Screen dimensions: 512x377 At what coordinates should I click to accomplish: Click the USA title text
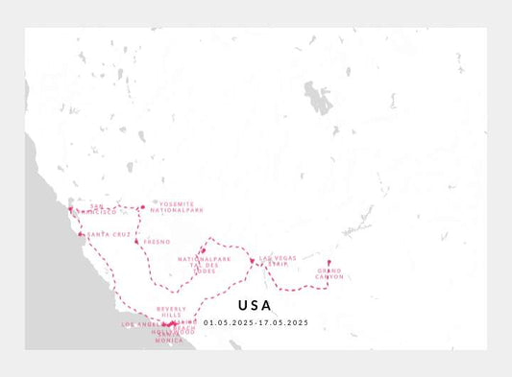(254, 306)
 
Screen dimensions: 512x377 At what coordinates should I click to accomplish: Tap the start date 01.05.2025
(229, 322)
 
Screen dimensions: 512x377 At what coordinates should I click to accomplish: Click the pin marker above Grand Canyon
(329, 263)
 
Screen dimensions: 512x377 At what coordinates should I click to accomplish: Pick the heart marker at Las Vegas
(251, 260)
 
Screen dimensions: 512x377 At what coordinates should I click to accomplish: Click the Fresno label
(157, 242)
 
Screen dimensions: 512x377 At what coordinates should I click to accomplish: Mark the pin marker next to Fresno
(137, 241)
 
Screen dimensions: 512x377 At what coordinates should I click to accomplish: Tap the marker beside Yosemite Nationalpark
(142, 207)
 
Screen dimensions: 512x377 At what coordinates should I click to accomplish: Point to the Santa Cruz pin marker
(81, 234)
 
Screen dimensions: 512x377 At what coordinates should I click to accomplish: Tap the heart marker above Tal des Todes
(204, 251)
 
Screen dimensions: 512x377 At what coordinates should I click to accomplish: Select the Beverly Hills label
(170, 312)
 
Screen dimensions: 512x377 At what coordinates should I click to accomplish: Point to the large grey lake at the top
(316, 97)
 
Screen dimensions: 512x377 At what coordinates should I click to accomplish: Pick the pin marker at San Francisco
(70, 210)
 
